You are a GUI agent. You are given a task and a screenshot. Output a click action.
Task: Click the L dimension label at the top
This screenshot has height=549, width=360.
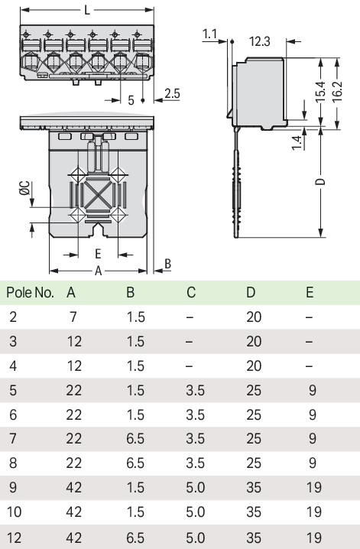pos(87,10)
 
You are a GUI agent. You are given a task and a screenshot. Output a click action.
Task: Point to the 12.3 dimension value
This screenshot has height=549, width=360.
pos(260,41)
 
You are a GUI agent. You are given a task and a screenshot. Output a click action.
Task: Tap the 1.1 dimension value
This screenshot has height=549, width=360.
pos(210,34)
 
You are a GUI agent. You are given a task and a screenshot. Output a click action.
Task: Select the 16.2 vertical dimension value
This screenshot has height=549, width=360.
pos(337,93)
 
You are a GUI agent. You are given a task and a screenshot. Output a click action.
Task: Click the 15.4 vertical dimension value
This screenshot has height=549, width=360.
pos(320,93)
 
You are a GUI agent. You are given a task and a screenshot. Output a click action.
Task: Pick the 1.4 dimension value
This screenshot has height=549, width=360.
pos(297,143)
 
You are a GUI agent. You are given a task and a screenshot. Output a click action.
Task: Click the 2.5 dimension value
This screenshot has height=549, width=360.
pos(172,93)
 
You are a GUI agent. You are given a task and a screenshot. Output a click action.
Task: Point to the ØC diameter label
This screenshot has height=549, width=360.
pos(25,188)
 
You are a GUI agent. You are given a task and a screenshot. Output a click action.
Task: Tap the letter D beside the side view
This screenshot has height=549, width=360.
pos(320,182)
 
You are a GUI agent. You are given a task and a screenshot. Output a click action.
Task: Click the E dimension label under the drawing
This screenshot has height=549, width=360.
pos(98,254)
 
